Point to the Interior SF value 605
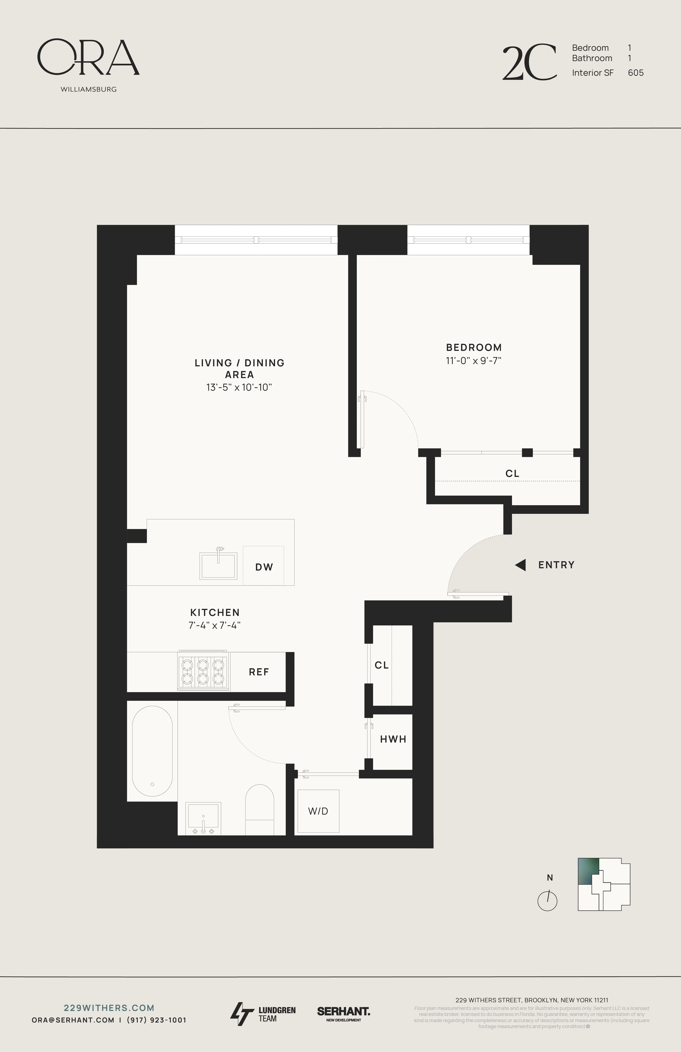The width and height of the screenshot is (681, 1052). (635, 73)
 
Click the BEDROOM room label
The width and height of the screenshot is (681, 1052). (474, 347)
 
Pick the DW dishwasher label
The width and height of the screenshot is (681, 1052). (264, 567)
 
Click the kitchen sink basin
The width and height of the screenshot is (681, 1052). (219, 566)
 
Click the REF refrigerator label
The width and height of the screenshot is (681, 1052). (259, 672)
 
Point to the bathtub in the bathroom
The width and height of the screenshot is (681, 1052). (152, 751)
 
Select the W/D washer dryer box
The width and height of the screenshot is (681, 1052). (318, 811)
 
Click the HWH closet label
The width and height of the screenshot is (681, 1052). (393, 739)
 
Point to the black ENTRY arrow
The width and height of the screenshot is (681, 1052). (520, 565)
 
